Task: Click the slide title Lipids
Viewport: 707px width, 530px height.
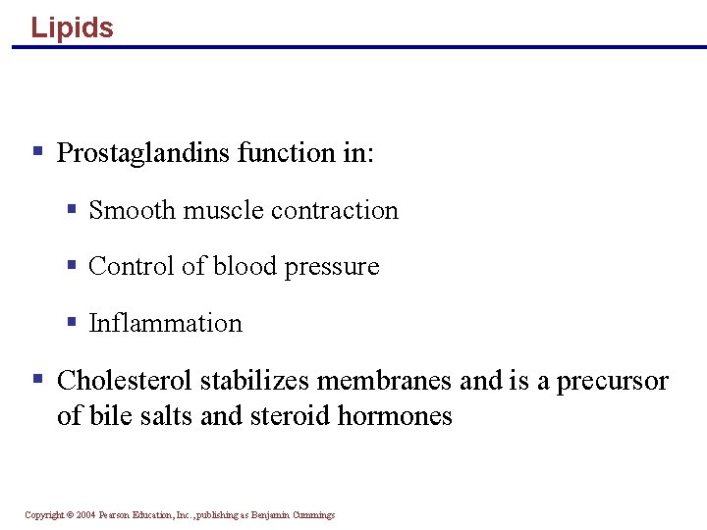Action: click(x=72, y=27)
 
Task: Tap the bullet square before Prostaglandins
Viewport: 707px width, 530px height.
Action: click(x=38, y=151)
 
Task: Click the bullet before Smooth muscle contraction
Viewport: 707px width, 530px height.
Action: click(x=72, y=208)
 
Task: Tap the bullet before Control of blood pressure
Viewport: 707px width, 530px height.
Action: click(x=72, y=264)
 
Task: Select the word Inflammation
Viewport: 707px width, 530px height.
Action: click(x=165, y=323)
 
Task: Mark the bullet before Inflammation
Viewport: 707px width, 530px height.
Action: click(x=72, y=321)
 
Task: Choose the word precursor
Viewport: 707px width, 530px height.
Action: click(x=613, y=382)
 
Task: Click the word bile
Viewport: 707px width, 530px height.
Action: click(x=111, y=415)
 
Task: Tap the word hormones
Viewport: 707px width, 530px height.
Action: click(x=395, y=415)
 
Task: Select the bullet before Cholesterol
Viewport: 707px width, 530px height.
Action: click(x=38, y=378)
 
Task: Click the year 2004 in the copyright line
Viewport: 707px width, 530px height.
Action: click(x=86, y=515)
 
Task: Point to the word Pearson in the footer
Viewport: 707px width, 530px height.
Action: click(x=117, y=515)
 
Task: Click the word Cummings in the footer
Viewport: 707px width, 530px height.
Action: click(x=312, y=515)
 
